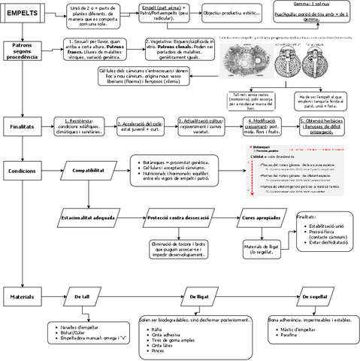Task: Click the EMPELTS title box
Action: pos(22,14)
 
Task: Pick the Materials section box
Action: pos(22,298)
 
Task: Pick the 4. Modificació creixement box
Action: pos(265,126)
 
